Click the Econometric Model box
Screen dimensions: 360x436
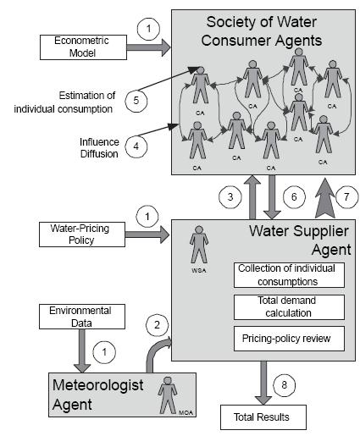(83, 47)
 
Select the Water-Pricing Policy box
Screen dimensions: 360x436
(82, 235)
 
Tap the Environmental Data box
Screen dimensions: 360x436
(82, 317)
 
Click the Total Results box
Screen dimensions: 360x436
(263, 417)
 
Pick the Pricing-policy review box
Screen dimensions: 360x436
(289, 339)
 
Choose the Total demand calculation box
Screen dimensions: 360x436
(289, 307)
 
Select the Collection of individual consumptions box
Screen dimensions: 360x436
(289, 275)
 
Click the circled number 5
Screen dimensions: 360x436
(136, 101)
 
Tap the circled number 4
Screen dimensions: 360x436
(136, 146)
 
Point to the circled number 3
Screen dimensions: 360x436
(230, 196)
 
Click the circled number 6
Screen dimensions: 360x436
(294, 196)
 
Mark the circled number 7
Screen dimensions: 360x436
(346, 196)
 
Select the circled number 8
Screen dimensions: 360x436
(285, 384)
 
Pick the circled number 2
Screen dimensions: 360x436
(157, 325)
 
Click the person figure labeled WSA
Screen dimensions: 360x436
(199, 245)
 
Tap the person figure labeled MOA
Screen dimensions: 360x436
(168, 395)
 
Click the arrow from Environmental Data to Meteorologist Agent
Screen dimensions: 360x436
(82, 350)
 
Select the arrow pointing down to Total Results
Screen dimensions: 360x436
(263, 383)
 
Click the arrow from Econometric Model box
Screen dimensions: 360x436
(149, 47)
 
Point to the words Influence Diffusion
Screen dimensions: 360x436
(99, 147)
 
